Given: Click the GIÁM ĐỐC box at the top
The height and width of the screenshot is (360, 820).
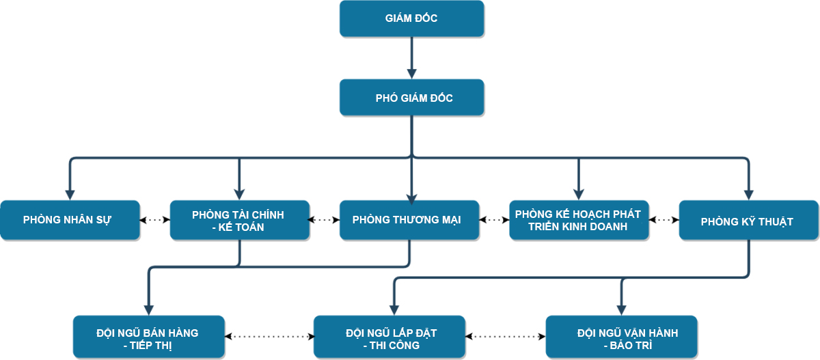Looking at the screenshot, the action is (412, 18).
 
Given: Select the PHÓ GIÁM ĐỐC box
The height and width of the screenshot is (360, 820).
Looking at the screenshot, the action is (412, 97).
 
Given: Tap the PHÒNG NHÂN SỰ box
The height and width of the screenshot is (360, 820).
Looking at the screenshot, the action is (70, 220).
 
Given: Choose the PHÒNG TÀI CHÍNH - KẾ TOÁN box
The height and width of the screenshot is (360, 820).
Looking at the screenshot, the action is (240, 220).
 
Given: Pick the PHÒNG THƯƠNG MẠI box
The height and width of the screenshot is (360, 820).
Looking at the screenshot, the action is (409, 220).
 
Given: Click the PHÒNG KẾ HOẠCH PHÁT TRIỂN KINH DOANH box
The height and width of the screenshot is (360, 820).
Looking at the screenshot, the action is (579, 220).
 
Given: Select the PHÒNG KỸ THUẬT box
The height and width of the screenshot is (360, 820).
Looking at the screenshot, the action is (749, 220).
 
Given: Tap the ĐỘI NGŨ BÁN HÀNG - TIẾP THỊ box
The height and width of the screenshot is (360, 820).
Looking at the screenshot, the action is (149, 337).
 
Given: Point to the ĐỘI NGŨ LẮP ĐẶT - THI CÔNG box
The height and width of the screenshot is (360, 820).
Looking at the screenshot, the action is (389, 337).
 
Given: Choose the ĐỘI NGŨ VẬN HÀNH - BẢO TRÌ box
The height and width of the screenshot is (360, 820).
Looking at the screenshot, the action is (622, 337).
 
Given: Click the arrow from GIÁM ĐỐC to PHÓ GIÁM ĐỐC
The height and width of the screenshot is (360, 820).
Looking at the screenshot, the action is (412, 58).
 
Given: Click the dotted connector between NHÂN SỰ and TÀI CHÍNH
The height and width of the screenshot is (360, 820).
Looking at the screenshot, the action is (155, 220).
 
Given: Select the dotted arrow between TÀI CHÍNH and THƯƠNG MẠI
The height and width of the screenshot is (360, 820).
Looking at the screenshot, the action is (325, 220).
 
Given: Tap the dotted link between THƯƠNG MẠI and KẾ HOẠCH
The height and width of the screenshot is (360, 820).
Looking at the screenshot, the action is (494, 220).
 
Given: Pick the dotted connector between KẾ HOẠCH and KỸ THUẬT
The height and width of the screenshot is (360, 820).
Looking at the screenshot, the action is (664, 220).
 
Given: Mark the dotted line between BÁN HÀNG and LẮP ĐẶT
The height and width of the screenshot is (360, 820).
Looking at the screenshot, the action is (269, 337).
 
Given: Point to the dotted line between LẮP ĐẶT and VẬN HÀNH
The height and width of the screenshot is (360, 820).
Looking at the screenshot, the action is (506, 337).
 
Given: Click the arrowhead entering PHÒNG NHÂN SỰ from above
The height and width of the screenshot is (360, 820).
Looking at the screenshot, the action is (70, 195).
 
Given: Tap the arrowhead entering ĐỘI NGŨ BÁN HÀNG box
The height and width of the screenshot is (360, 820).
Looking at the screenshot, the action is (149, 310).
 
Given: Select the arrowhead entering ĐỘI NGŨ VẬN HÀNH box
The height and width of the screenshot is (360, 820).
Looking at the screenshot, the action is (622, 310).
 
